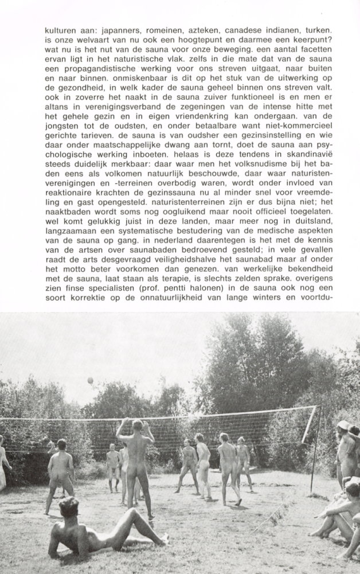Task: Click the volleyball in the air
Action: coord(90,380)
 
